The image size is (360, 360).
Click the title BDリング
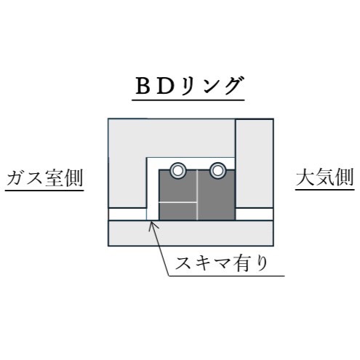(188, 86)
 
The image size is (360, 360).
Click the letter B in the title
(143, 87)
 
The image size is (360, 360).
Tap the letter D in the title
(165, 87)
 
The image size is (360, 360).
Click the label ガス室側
(45, 178)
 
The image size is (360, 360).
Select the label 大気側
(325, 177)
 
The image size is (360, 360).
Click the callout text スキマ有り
(221, 263)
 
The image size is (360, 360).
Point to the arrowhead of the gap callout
(151, 223)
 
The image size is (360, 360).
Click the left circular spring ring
(178, 171)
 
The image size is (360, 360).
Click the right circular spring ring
(217, 171)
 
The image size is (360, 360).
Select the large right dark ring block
(217, 195)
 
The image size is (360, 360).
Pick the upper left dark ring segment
(177, 186)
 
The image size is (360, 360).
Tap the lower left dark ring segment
(177, 212)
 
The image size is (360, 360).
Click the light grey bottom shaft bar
(191, 233)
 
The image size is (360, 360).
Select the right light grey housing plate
(255, 164)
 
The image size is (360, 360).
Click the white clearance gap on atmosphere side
(255, 214)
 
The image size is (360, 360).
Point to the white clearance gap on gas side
(127, 214)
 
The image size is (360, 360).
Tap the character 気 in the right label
(325, 177)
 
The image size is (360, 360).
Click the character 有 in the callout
(240, 263)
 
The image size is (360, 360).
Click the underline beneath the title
(188, 100)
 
